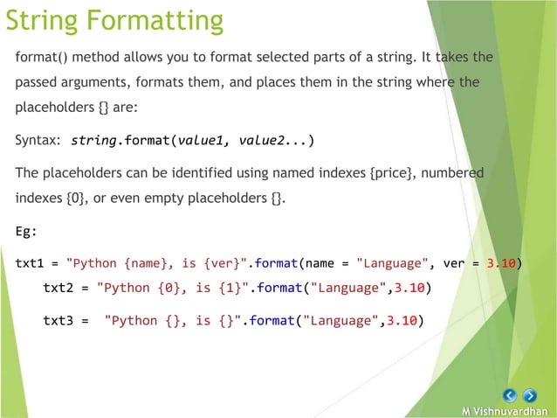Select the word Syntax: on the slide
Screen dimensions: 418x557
point(38,140)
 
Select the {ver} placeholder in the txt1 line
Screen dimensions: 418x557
point(226,262)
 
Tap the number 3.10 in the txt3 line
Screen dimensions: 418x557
point(407,320)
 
